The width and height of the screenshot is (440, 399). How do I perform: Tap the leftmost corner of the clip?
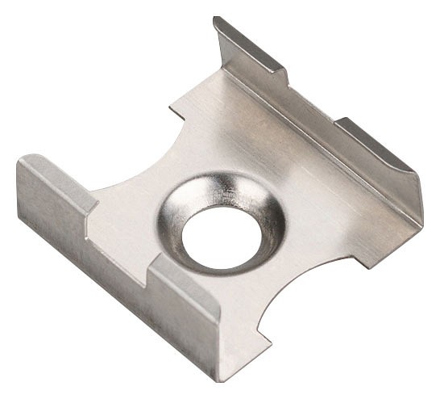(18, 166)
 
